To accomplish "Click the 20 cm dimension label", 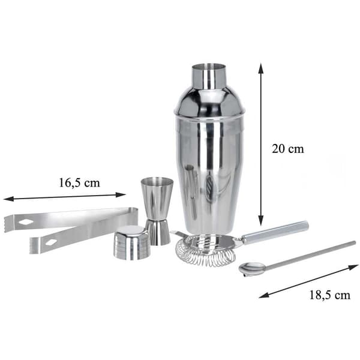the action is (x=287, y=149).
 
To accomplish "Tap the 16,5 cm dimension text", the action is (x=79, y=183).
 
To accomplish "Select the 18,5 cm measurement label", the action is (x=330, y=295).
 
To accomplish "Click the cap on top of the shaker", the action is (x=209, y=76).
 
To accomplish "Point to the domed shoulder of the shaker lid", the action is (x=209, y=102).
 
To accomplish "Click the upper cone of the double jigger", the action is (x=157, y=197).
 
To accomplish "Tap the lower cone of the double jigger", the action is (x=158, y=232).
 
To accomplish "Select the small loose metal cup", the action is (x=132, y=243).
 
